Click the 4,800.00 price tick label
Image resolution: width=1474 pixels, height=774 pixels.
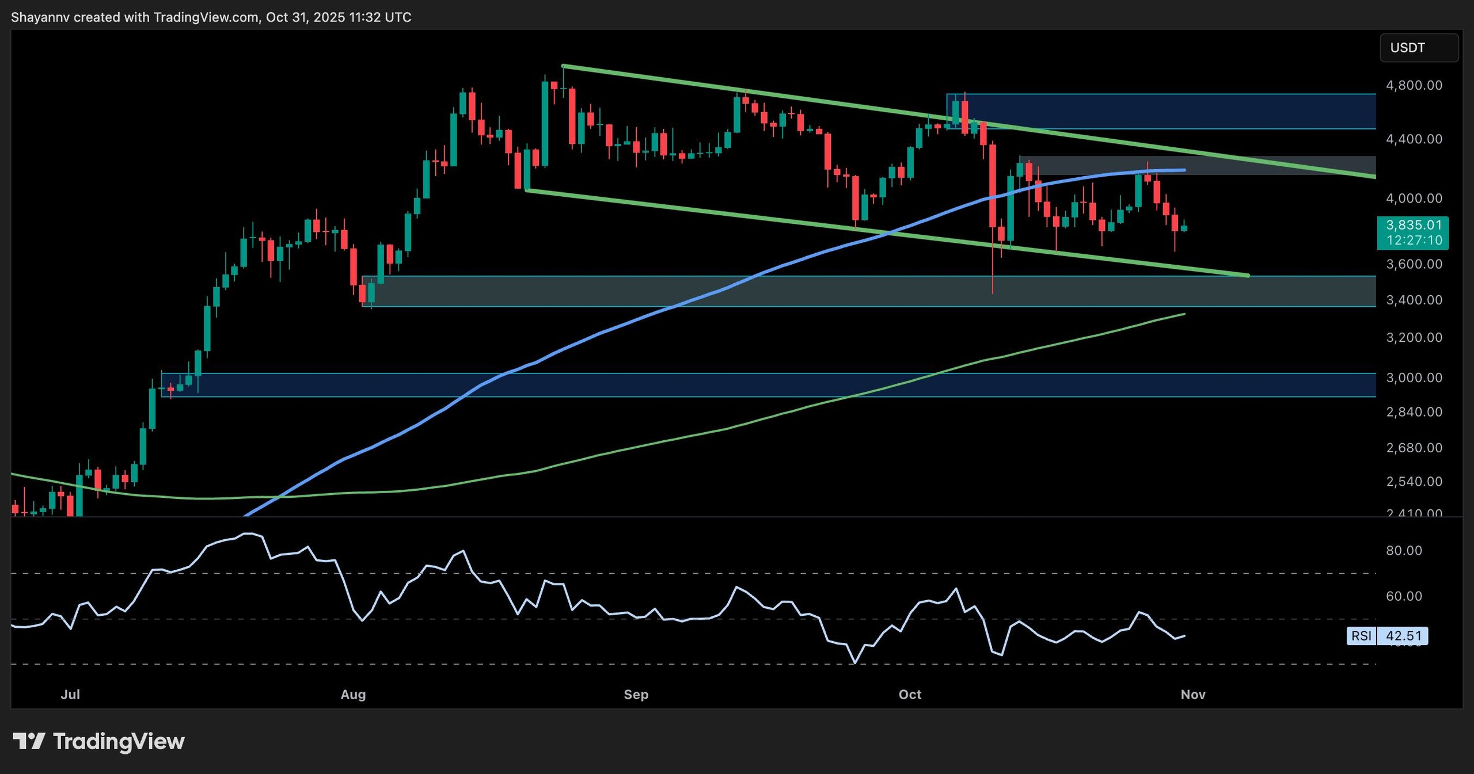coord(1414,85)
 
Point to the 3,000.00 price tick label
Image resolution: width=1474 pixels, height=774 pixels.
coord(1414,378)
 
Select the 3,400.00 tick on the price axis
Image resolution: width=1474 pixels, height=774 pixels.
coord(1414,300)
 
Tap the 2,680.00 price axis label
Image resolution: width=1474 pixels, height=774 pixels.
coord(1414,448)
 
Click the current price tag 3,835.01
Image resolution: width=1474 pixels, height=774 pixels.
coord(1414,225)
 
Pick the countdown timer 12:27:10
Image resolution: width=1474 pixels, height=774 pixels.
coord(1414,240)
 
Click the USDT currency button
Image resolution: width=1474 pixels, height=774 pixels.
coord(1418,48)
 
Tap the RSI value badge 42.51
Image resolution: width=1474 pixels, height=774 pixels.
coord(1404,636)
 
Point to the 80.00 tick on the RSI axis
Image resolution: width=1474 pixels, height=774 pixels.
coord(1404,550)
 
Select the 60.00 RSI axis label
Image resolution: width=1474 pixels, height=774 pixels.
coord(1404,596)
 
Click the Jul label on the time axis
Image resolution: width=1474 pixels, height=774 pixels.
coord(70,695)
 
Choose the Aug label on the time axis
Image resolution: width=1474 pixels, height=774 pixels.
coord(353,695)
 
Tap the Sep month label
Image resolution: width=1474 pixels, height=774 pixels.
coord(636,695)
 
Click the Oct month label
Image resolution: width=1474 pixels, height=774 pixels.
coord(910,695)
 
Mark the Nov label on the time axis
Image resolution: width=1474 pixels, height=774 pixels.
coord(1192,695)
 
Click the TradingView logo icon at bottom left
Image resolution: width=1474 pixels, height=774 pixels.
coord(29,741)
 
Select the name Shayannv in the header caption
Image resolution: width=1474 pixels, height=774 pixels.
coord(40,17)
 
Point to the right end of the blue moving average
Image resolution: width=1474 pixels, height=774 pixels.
coord(1184,170)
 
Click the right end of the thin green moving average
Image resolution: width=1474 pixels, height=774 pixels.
coord(1184,314)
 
